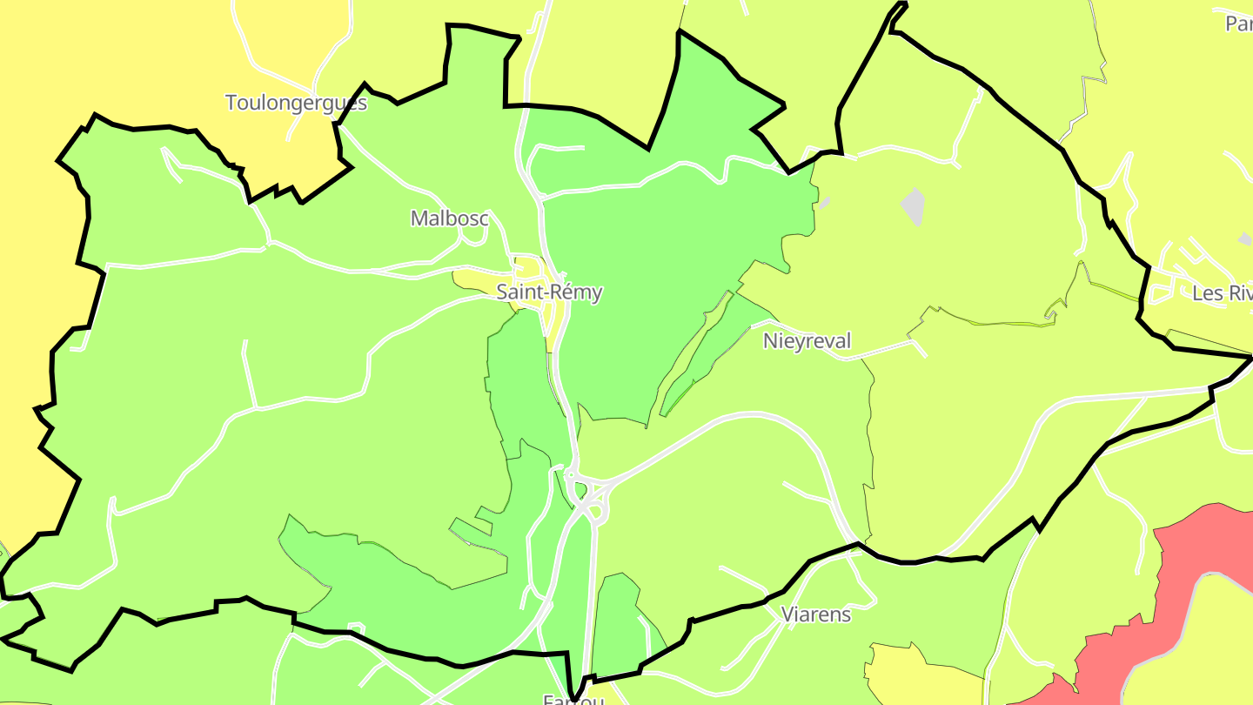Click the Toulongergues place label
[x=296, y=103]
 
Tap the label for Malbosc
[x=449, y=218]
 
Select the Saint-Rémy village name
[x=549, y=292]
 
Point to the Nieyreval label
[x=807, y=340]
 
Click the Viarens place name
[x=815, y=614]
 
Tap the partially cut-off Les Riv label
[x=1222, y=293]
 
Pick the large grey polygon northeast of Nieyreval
[x=913, y=205]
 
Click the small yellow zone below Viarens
[x=914, y=675]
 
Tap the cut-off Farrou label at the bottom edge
[x=573, y=699]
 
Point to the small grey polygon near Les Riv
[x=1245, y=238]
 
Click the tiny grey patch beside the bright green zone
[x=824, y=202]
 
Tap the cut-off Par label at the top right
[x=1238, y=23]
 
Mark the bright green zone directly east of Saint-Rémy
[x=661, y=261]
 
